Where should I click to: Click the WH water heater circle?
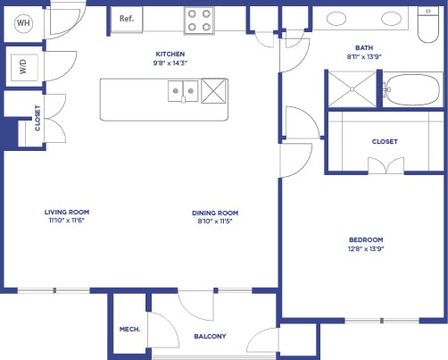(22, 24)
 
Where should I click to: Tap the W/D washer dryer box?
(21, 65)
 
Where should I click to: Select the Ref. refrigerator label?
(127, 17)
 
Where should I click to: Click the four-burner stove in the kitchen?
(198, 20)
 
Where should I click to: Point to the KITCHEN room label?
(170, 54)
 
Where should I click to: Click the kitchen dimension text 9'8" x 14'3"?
(170, 63)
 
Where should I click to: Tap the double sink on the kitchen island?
(183, 90)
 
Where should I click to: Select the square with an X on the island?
(215, 90)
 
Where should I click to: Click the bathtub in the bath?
(412, 89)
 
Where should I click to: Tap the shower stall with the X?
(354, 89)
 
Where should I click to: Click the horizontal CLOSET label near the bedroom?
(385, 141)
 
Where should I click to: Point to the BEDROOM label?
(366, 239)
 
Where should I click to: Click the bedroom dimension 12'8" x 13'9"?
(366, 249)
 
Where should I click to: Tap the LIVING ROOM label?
(67, 212)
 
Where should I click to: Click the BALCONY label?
(210, 336)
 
